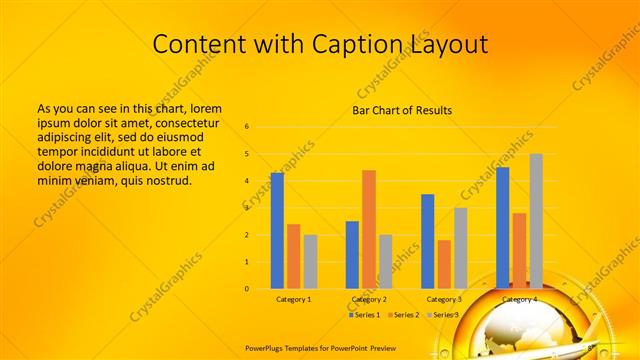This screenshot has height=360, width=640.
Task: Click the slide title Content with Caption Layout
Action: (320, 44)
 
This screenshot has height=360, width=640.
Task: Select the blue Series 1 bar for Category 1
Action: (277, 231)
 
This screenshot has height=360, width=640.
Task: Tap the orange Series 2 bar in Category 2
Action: (369, 229)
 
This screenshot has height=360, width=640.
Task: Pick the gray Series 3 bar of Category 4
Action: (536, 221)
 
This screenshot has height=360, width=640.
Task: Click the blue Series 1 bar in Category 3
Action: (428, 241)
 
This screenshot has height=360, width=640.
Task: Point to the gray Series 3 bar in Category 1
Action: (310, 262)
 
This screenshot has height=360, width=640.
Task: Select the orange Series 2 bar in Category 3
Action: (444, 264)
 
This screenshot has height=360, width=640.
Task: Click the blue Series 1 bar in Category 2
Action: (352, 255)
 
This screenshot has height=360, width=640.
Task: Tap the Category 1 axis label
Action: (294, 299)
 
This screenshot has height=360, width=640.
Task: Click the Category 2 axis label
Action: (369, 299)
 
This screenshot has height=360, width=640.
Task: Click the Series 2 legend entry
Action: (404, 315)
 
